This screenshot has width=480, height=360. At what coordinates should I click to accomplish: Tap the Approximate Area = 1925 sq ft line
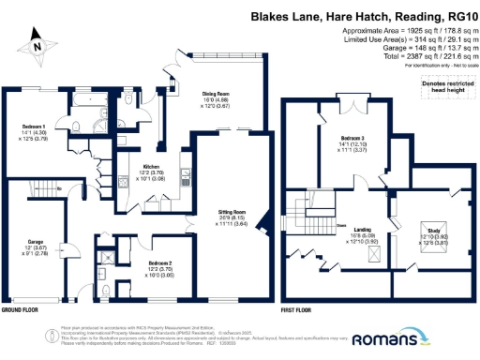pos(405,33)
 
